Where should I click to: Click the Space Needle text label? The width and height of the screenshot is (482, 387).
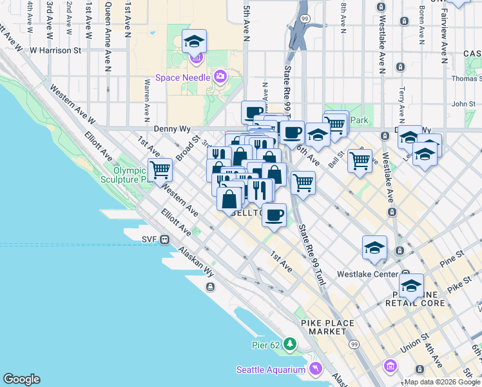pos(183,77)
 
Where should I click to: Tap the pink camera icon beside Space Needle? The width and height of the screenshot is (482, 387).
pos(220,77)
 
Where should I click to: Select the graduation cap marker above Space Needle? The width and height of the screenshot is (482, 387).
pos(193,43)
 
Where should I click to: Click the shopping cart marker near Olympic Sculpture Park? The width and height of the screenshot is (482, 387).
pos(160,170)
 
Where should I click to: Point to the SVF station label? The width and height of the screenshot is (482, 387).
pos(149,239)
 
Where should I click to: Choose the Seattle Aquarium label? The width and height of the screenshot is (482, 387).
pos(271,370)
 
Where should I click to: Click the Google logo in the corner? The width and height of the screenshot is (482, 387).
pos(21,379)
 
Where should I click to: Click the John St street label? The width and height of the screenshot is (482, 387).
pos(463,103)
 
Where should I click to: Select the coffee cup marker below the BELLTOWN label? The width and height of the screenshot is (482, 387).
pos(275,215)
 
